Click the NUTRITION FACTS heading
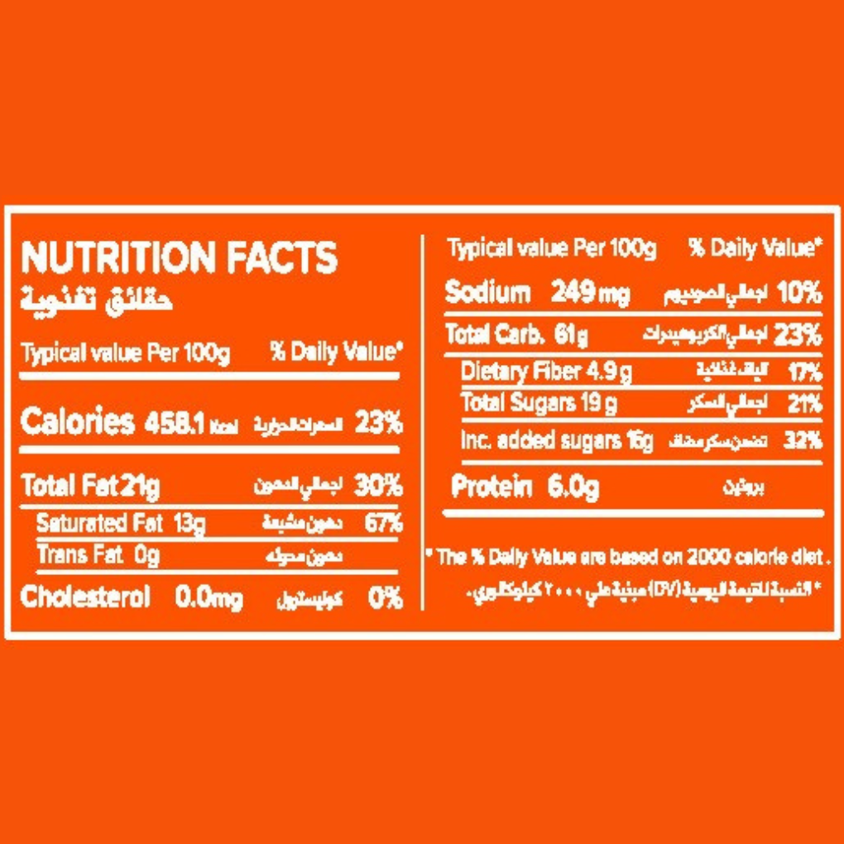180,257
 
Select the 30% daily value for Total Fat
378,486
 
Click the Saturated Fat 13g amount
190,524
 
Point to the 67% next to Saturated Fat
383,524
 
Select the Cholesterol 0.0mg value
209,598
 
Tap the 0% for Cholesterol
386,598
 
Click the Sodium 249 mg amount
589,294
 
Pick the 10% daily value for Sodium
799,294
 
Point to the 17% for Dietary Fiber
803,373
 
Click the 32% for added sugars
802,441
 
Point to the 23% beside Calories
378,424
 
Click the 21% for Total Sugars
803,404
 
